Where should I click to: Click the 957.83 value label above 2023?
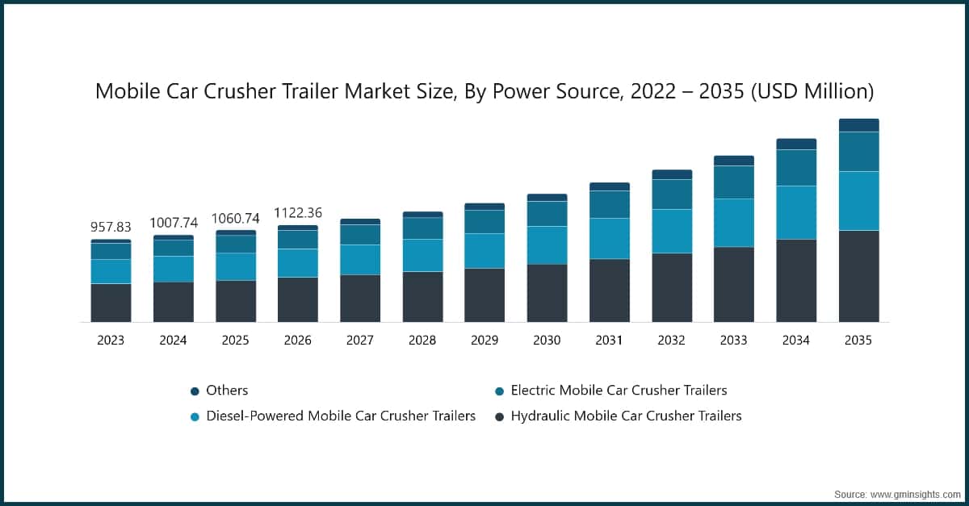(111, 228)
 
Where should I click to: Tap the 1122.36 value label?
(297, 213)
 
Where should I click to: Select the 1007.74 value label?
(173, 223)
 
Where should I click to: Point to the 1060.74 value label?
(235, 218)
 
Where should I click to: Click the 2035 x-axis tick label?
(858, 341)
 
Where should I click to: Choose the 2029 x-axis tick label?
(484, 341)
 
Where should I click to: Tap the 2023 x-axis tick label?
(111, 341)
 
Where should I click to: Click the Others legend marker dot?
(195, 391)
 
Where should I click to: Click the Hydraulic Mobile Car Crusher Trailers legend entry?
(626, 416)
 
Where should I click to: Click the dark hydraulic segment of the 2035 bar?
(858, 276)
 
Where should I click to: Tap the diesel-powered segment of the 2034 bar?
(796, 212)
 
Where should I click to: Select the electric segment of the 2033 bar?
(734, 182)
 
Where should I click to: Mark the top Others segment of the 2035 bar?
(858, 125)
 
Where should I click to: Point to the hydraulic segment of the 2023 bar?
(111, 303)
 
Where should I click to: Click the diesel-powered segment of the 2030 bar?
(547, 245)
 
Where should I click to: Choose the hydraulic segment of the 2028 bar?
(422, 296)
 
